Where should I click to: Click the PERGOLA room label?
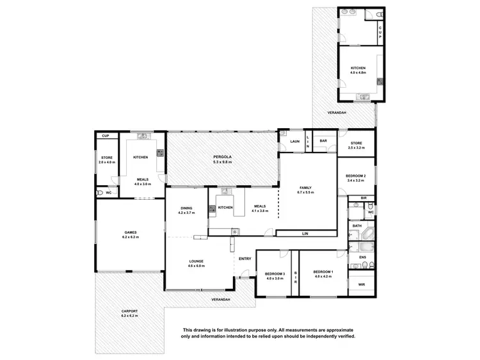(223, 157)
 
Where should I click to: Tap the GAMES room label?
(131, 232)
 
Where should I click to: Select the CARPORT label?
(130, 311)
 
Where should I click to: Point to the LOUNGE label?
(196, 261)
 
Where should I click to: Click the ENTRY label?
(244, 259)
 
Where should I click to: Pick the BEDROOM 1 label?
(323, 272)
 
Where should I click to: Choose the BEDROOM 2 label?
(355, 176)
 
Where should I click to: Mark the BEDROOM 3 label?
(274, 274)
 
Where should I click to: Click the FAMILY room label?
(305, 188)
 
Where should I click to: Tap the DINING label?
(186, 208)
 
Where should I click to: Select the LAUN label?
(294, 141)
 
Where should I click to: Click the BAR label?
(324, 141)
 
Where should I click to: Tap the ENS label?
(362, 258)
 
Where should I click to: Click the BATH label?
(356, 225)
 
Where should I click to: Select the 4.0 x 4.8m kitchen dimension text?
(358, 73)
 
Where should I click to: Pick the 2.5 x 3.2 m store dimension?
(356, 148)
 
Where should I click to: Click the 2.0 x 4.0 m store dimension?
(106, 161)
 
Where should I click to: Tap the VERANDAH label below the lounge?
(220, 299)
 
